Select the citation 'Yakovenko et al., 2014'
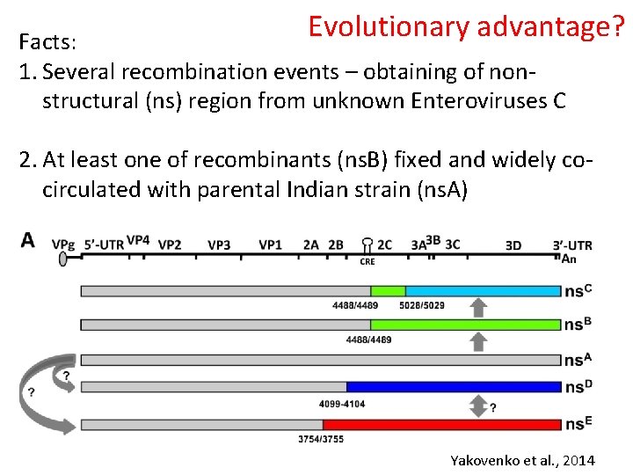(522, 460)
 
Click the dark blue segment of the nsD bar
(454, 386)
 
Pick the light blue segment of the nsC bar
(483, 291)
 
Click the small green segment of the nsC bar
(388, 291)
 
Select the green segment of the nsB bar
(465, 325)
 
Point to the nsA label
(577, 359)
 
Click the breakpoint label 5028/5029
(421, 305)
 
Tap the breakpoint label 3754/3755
(321, 438)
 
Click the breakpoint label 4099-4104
(342, 404)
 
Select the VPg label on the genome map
(62, 244)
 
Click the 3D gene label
(513, 245)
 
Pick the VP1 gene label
(270, 245)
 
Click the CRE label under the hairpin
(367, 261)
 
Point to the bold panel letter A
(28, 240)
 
